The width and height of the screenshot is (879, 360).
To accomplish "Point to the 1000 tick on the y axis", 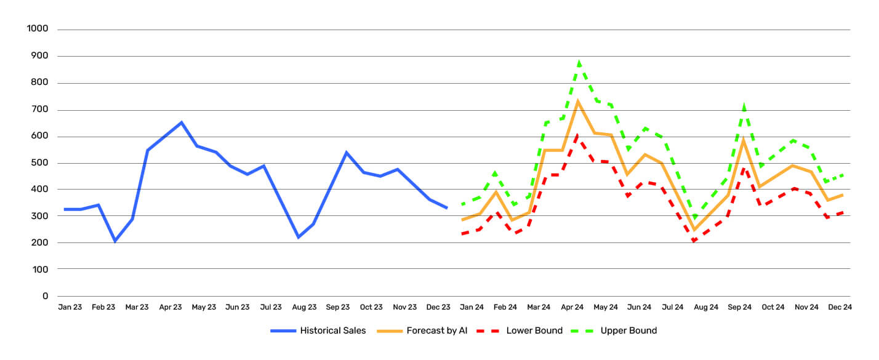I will tap(38, 30).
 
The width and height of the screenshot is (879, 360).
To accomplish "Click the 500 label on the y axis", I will tap(41, 163).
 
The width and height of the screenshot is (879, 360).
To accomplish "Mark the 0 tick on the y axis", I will tap(45, 296).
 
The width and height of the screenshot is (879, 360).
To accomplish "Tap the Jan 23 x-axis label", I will tap(70, 307).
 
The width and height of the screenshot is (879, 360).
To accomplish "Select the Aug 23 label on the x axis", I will tap(304, 307).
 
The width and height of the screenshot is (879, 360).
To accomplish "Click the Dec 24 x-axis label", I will tap(840, 307).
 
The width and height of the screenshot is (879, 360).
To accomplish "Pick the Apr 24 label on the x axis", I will tap(572, 307).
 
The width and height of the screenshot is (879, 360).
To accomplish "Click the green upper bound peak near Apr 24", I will tap(579, 62).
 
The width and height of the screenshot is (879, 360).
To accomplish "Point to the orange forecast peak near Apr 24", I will tap(578, 102).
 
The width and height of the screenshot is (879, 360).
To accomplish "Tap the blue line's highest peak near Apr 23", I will tap(181, 122).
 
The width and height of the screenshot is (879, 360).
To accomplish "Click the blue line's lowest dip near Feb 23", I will tap(115, 241).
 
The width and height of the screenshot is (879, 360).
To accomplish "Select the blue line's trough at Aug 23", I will tap(298, 237).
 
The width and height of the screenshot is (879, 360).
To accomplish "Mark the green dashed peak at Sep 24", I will tap(744, 106).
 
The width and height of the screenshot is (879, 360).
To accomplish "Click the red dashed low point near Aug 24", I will tap(694, 241).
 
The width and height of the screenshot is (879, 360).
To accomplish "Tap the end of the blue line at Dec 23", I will tap(446, 208).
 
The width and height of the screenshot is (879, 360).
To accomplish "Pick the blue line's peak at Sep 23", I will tap(346, 152).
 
